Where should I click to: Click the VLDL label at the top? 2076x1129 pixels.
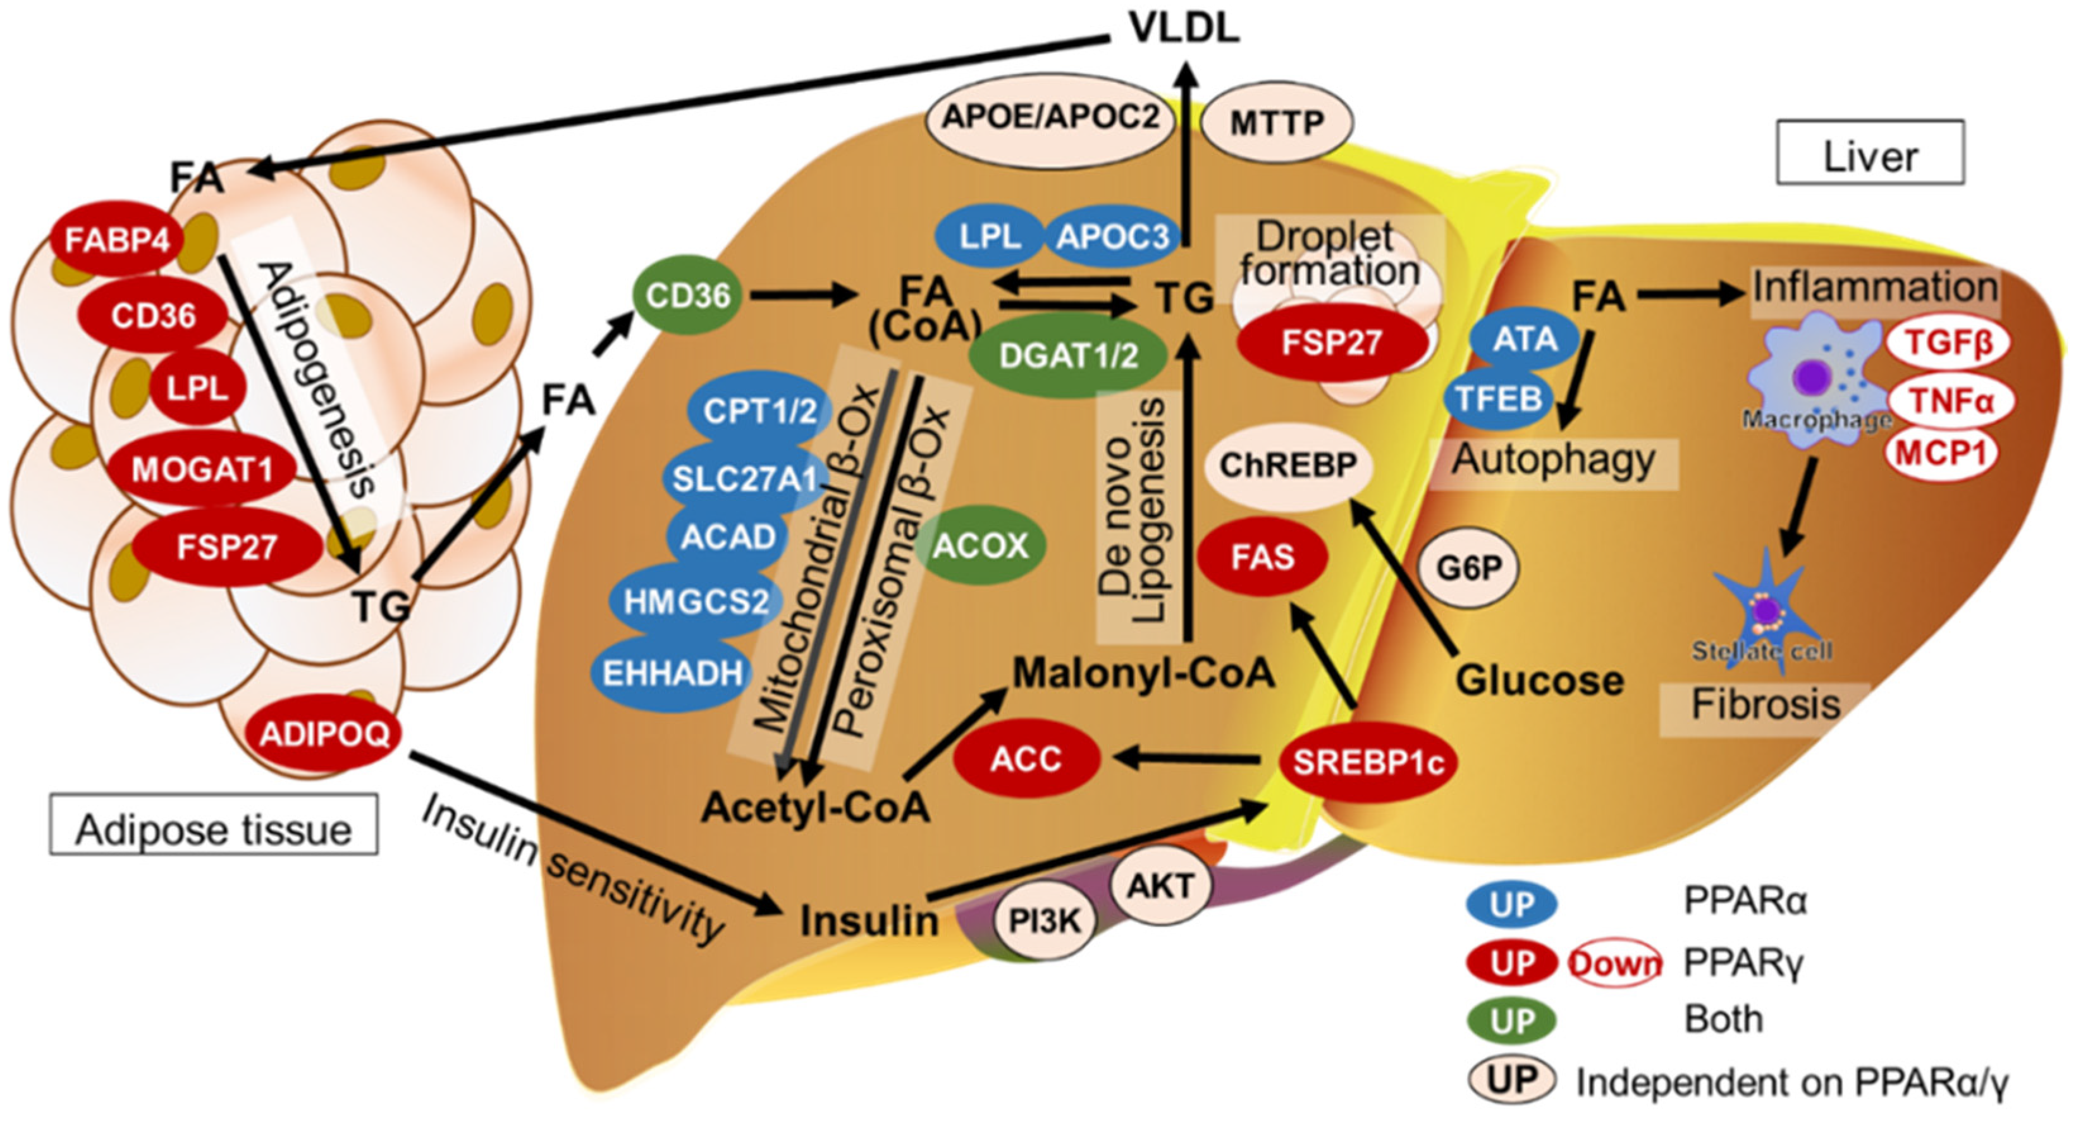tap(1183, 29)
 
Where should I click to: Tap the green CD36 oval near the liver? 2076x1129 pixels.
tap(687, 296)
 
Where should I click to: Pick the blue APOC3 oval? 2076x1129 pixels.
tap(1112, 237)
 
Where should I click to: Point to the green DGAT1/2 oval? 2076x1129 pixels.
tap(1068, 355)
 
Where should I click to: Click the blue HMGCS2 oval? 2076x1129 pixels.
tap(696, 601)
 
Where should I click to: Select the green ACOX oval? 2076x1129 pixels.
tap(980, 546)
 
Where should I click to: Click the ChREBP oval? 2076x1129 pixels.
tap(1287, 465)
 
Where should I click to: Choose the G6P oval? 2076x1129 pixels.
tap(1469, 568)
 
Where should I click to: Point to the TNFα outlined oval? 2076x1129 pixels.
tap(1950, 400)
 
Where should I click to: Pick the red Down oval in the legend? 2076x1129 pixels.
tap(1615, 963)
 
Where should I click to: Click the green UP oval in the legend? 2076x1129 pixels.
tap(1512, 1021)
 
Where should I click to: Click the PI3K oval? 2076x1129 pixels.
tap(1045, 920)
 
